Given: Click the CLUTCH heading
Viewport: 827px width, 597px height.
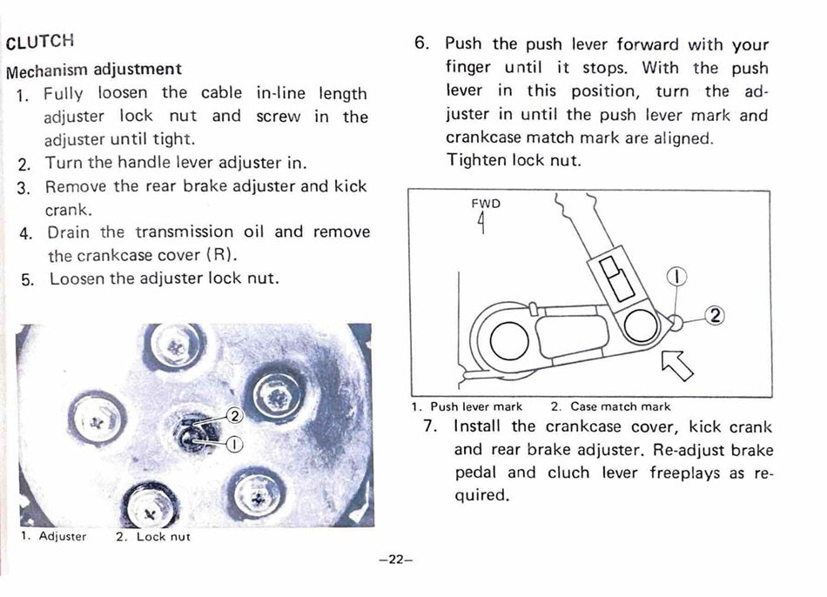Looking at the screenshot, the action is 40,41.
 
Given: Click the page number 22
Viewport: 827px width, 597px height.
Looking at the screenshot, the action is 395,560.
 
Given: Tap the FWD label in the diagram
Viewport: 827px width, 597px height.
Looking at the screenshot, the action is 486,204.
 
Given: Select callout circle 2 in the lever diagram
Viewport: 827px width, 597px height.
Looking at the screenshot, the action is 716,315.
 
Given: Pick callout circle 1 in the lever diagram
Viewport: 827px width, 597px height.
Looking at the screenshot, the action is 676,277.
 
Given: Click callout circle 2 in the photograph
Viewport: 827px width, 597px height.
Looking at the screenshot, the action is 235,416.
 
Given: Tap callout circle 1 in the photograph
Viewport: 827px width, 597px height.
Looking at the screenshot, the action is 235,445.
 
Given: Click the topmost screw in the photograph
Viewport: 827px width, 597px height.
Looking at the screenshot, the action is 175,345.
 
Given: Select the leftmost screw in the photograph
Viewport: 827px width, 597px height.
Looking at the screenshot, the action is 97,421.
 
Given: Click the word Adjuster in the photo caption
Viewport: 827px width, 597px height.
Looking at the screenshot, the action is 62,536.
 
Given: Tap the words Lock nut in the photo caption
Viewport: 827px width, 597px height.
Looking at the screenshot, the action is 163,537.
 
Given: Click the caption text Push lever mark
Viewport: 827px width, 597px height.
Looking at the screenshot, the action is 475,406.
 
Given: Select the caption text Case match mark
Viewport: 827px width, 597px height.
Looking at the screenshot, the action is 620,406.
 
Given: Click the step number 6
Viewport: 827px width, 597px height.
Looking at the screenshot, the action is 421,43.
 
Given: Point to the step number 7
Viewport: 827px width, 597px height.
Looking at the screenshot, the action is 430,426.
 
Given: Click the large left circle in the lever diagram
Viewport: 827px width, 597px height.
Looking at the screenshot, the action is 509,340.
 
